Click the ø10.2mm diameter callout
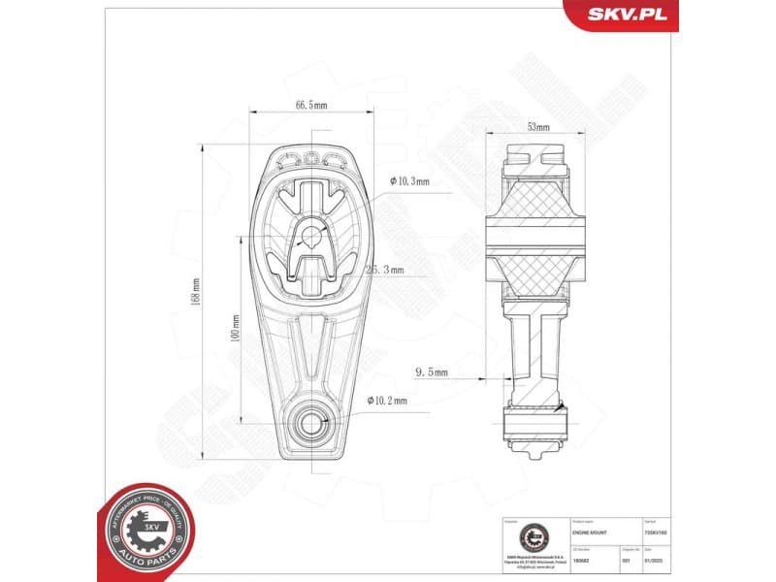tap(387, 399)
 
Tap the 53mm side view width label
tap(538, 127)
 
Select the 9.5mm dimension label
tap(431, 372)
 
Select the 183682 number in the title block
tap(581, 560)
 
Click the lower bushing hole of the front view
tap(311, 422)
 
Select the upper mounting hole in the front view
tap(311, 233)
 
